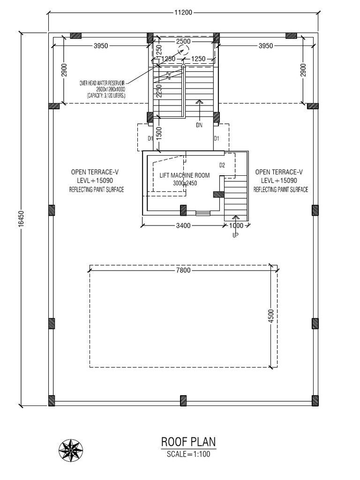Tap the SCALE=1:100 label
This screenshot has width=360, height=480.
[x=188, y=454]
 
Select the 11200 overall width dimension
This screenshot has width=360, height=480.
[x=183, y=13]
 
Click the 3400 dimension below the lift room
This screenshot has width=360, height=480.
[x=183, y=225]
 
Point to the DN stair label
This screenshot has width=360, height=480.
[x=200, y=125]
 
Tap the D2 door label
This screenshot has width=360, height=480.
[x=222, y=165]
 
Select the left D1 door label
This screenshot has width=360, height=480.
[x=150, y=139]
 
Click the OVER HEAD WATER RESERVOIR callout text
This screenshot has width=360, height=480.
[x=106, y=89]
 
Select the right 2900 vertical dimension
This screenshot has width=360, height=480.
[x=303, y=70]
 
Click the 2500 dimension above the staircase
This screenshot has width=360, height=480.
[x=183, y=42]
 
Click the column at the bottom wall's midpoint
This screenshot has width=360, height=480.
[x=183, y=401]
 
